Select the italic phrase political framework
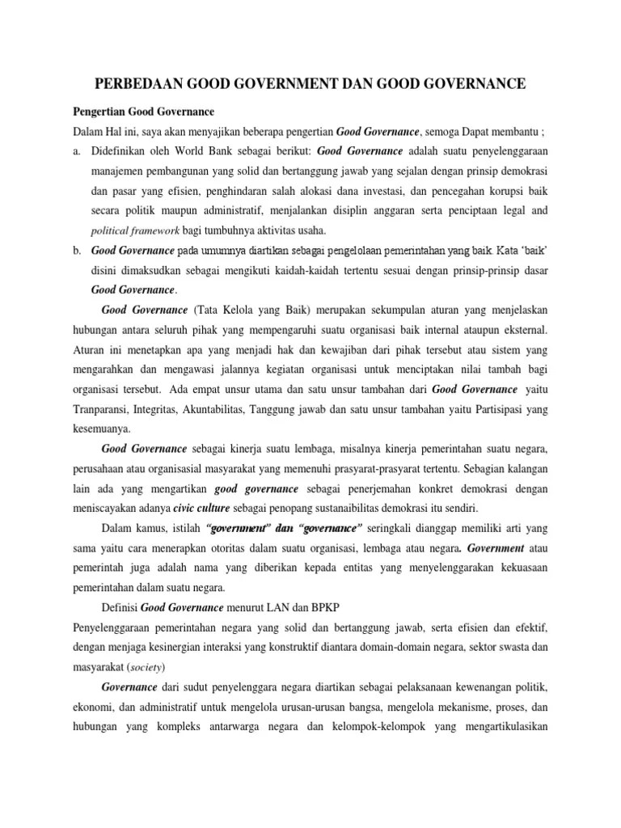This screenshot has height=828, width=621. (x=133, y=230)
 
